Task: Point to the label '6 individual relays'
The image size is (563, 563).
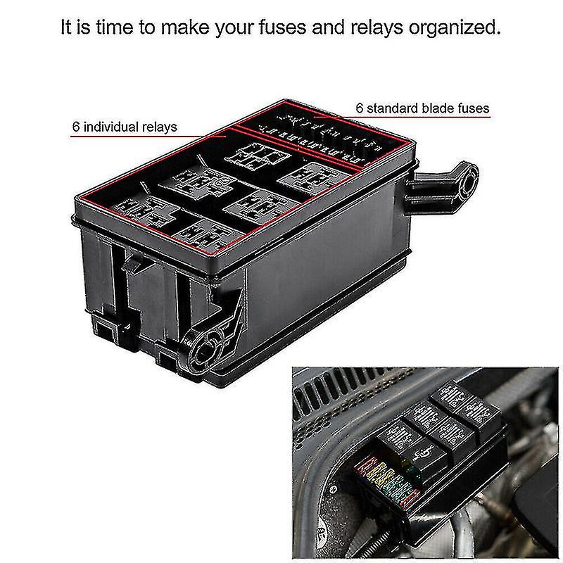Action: pos(125,127)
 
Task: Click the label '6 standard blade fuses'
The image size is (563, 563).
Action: pos(422,108)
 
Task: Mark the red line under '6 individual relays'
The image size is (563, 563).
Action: pos(141,139)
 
